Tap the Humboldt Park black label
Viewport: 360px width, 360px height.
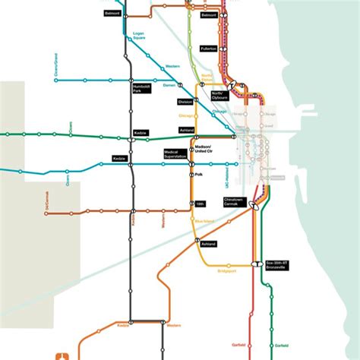[142, 90]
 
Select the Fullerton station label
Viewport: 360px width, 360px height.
[208, 49]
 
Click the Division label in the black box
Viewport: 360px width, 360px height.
[185, 101]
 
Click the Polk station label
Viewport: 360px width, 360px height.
[199, 175]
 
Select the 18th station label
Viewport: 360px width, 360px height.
[201, 204]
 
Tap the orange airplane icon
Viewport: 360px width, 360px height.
[63, 355]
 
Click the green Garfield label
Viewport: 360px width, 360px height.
[281, 345]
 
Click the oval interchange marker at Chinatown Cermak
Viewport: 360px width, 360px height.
[255, 204]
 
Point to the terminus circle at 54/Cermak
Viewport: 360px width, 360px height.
[46, 213]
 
